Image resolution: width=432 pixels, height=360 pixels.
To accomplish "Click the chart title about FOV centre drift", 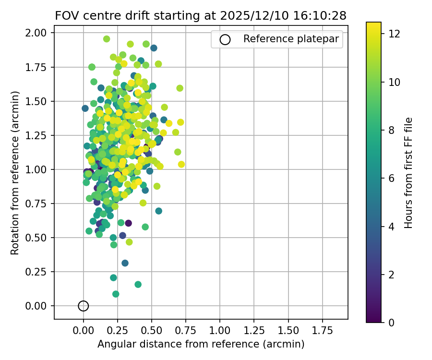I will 201,15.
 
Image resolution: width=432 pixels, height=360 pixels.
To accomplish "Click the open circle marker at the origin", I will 84,306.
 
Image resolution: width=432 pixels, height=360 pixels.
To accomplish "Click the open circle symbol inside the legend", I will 225,39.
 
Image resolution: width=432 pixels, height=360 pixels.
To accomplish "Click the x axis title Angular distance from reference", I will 201,344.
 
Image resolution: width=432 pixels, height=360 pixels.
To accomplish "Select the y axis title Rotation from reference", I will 15,169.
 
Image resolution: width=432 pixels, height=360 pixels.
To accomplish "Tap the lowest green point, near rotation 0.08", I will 116,294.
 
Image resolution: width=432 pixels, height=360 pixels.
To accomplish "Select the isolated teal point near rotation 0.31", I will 125,263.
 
